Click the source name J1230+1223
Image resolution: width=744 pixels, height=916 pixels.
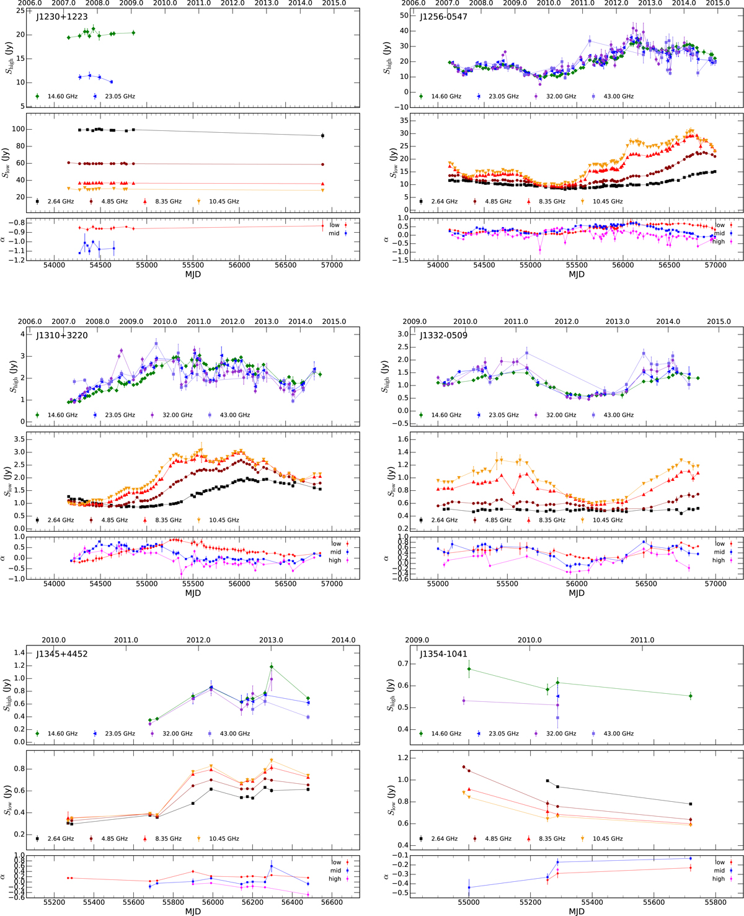click(62, 17)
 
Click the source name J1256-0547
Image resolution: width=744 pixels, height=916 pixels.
click(443, 17)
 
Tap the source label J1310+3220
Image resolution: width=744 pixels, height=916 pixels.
click(62, 336)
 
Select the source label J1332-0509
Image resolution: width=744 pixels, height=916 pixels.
click(443, 336)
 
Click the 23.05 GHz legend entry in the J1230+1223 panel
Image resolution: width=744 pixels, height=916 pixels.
click(115, 96)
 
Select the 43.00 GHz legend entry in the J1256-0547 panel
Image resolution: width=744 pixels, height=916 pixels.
click(613, 96)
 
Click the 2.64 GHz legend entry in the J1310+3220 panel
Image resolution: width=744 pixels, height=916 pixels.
click(56, 520)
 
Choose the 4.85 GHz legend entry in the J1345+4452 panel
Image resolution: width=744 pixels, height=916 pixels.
click(108, 838)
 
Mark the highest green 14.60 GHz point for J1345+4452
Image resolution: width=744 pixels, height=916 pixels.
click(272, 667)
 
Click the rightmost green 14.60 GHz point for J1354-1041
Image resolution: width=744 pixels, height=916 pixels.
click(691, 696)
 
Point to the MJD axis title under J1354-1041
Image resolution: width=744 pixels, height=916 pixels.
click(577, 912)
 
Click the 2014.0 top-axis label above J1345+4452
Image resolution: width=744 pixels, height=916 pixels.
click(343, 640)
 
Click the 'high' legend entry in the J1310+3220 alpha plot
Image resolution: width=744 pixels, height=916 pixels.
click(335, 560)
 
